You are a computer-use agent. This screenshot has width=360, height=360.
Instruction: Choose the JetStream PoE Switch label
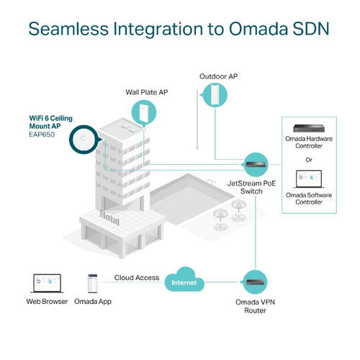[253, 189]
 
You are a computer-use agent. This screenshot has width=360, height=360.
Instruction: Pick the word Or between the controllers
[318, 159]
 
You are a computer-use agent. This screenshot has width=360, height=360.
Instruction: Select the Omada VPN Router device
[256, 279]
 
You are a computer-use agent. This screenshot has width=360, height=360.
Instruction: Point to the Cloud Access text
[136, 277]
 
